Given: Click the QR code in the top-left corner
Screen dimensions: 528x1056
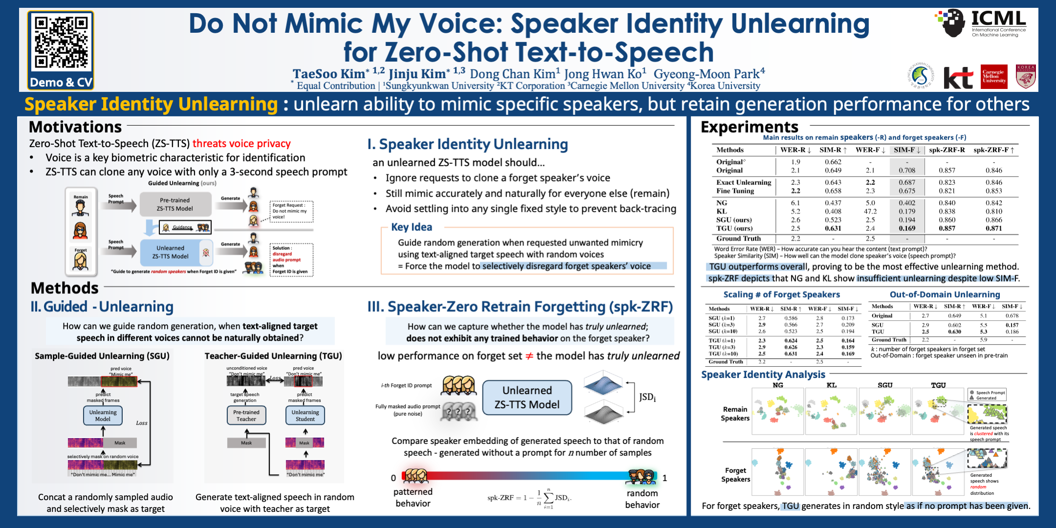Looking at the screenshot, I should click(x=61, y=43).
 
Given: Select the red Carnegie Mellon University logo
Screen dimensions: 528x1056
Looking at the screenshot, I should click(x=994, y=77).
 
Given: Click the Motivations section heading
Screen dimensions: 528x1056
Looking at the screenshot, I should click(x=75, y=127).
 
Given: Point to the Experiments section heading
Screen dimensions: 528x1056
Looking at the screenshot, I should click(x=749, y=127).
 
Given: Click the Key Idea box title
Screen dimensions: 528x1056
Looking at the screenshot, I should click(x=411, y=227).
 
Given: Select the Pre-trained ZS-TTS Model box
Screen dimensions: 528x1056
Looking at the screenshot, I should click(x=175, y=204).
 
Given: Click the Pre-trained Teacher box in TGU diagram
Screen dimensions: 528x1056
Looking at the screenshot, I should click(x=246, y=416).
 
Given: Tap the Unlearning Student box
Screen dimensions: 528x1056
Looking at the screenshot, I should click(x=305, y=416).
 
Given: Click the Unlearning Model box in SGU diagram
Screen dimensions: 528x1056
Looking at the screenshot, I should click(x=103, y=416).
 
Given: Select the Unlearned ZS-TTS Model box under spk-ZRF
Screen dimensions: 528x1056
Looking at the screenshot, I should click(x=527, y=397).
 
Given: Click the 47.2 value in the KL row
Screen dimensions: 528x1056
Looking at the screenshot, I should click(x=870, y=212).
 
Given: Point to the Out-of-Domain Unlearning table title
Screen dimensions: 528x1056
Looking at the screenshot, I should click(x=945, y=294).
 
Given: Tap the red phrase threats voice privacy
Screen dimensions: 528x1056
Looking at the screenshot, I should click(x=242, y=144).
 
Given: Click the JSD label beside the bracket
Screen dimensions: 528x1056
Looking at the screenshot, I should click(x=647, y=397).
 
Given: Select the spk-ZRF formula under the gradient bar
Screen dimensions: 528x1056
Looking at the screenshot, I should click(x=529, y=498).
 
